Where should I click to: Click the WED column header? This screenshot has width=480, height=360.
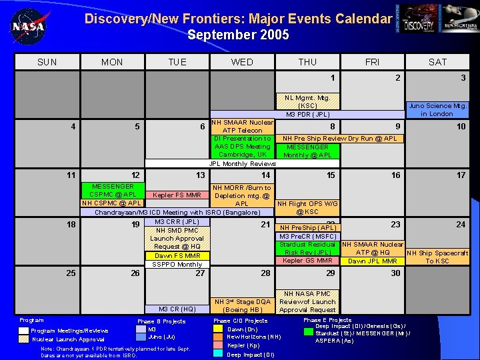click(242, 62)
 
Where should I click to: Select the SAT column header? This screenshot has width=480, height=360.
click(437, 62)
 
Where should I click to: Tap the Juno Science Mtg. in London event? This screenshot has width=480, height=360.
click(438, 109)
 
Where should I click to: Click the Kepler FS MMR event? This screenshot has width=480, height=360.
click(177, 195)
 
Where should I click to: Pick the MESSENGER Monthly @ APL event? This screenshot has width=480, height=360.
click(307, 151)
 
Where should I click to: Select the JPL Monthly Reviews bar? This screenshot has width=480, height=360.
click(243, 163)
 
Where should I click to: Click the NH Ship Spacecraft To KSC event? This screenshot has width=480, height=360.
click(438, 257)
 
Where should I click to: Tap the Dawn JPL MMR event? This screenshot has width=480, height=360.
click(372, 261)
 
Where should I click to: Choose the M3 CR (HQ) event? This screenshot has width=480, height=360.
click(177, 309)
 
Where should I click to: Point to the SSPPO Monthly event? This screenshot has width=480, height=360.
click(177, 265)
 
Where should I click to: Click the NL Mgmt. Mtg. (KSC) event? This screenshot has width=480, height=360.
click(307, 101)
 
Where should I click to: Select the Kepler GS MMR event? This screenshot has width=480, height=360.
click(307, 261)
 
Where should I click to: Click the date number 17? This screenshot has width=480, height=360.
click(461, 175)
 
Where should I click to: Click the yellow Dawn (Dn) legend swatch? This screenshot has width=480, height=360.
click(217, 329)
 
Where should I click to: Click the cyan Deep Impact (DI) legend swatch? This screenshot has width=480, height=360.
click(217, 354)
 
